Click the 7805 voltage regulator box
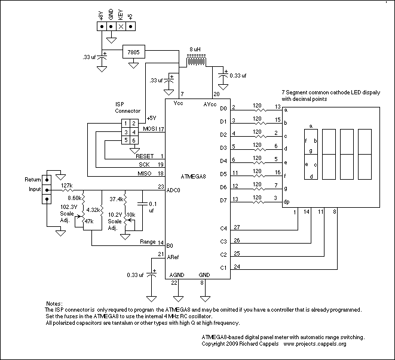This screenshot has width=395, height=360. [134, 52]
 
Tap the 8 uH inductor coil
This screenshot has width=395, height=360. [196, 61]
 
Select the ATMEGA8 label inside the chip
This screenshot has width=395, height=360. [193, 177]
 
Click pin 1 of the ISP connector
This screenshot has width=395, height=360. [125, 124]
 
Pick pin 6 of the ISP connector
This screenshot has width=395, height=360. [134, 140]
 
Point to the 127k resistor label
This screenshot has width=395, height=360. [67, 186]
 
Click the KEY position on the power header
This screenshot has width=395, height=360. [121, 26]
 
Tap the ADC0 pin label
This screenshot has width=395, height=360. [173, 190]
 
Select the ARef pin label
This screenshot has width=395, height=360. [173, 257]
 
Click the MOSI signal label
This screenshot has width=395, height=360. [150, 129]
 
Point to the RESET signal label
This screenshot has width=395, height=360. [145, 156]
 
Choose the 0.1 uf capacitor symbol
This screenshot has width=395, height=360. [142, 204]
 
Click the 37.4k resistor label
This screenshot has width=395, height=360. [117, 199]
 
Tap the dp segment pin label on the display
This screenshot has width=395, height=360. [286, 202]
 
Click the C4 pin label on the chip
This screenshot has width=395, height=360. [223, 229]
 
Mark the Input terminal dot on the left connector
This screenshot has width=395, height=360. [47, 190]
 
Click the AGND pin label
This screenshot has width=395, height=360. [177, 275]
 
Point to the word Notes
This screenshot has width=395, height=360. [54, 304]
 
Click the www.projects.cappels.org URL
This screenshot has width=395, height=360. [315, 344]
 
